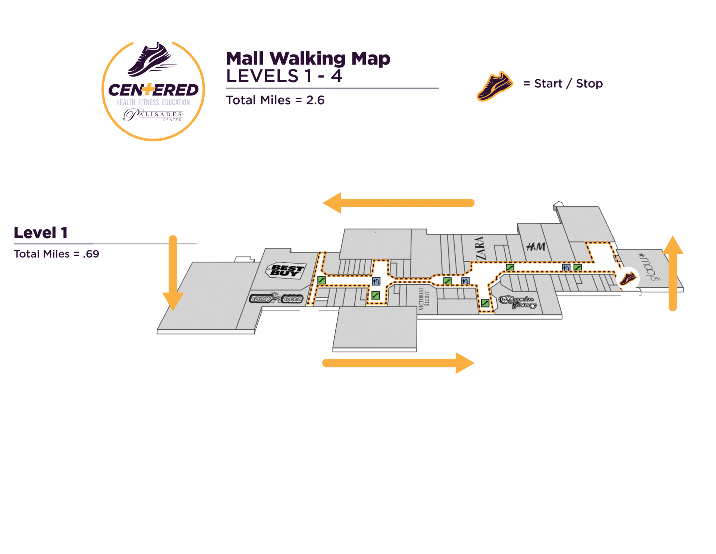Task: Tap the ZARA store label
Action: click(481, 248)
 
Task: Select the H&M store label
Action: click(536, 246)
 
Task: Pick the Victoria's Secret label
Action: click(424, 299)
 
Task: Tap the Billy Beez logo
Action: click(276, 298)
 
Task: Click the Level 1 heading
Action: click(41, 233)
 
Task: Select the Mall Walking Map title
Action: click(308, 59)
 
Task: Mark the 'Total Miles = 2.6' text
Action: click(275, 100)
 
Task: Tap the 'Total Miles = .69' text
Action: click(56, 254)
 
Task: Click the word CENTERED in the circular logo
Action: click(153, 90)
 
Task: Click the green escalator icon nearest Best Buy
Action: click(321, 280)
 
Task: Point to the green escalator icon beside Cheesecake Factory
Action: click(485, 303)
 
